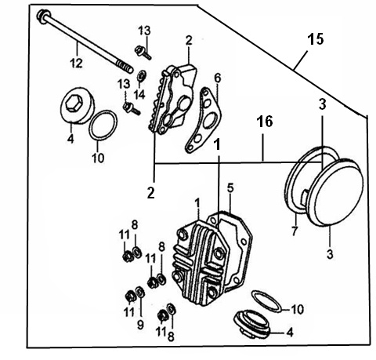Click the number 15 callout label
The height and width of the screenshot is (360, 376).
[x=316, y=39]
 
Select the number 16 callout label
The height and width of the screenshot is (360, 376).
[x=265, y=122]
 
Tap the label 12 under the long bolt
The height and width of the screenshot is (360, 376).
[x=76, y=63]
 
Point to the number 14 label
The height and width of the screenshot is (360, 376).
[x=140, y=94]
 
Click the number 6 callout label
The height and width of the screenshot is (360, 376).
[x=218, y=78]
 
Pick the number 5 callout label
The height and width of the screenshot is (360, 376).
[x=230, y=187]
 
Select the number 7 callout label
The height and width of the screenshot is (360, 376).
[x=295, y=231]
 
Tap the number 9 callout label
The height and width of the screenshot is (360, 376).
[x=140, y=325]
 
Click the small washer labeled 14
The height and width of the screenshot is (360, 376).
[x=141, y=76]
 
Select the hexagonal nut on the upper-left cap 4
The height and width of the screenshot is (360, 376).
[x=73, y=104]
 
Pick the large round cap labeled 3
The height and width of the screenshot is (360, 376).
[x=335, y=192]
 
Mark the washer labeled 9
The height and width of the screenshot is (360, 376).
[x=140, y=292]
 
